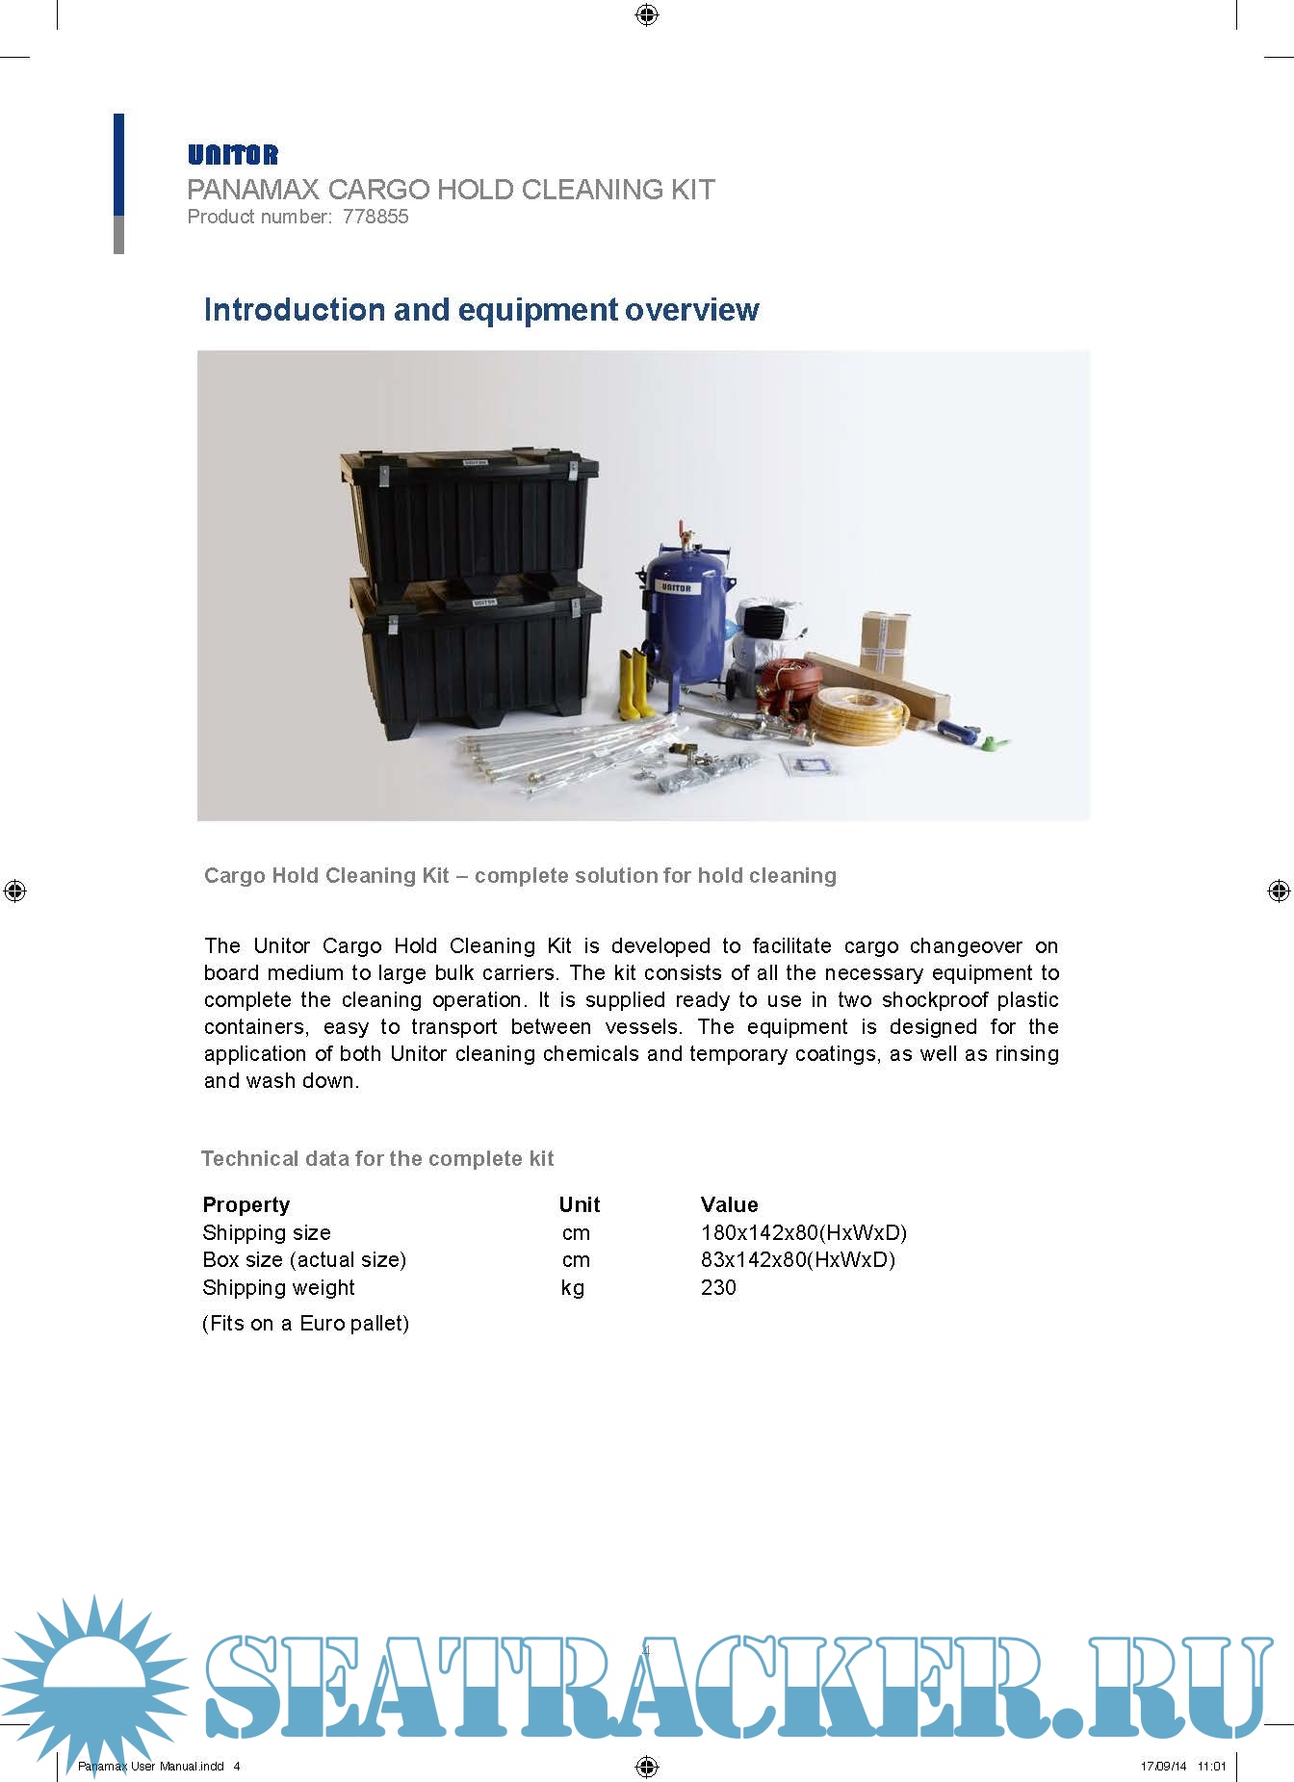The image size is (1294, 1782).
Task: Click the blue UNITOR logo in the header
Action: pos(233,155)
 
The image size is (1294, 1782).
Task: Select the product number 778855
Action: pos(375,217)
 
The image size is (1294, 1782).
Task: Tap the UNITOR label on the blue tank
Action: pos(676,587)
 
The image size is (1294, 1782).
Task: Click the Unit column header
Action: pos(579,1204)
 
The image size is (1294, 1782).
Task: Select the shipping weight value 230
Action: pos(718,1287)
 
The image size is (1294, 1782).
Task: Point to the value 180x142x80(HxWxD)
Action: pos(803,1232)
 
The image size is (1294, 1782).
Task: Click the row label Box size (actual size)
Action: pos(304,1259)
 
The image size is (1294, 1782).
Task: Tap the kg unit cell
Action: pos(573,1287)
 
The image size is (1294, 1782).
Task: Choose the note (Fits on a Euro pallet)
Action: pos(305,1323)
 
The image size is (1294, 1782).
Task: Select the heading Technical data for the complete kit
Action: pos(377,1158)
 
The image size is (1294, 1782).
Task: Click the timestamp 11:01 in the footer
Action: pos(1211,1766)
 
